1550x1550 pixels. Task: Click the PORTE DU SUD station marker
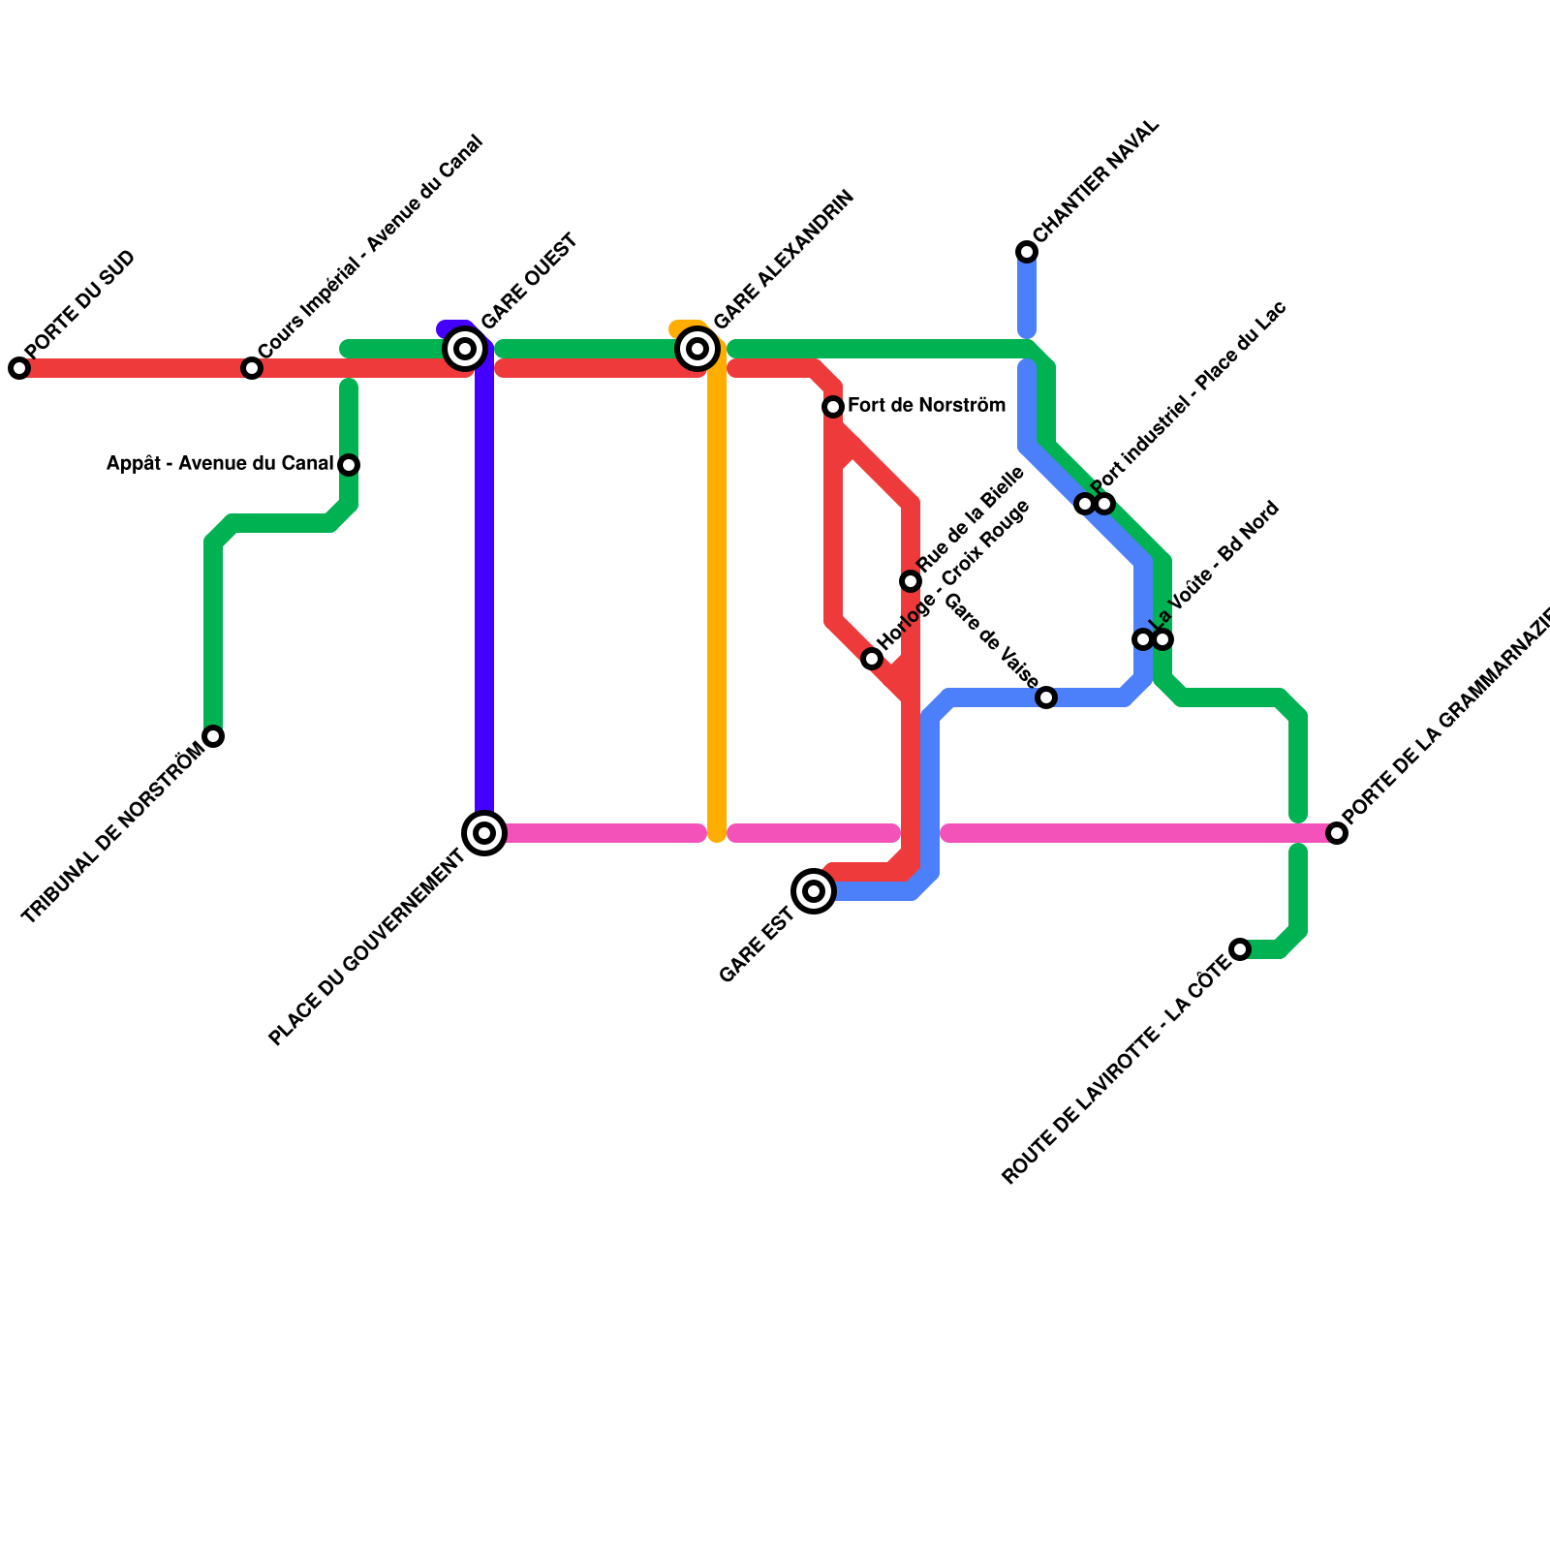[x=19, y=368]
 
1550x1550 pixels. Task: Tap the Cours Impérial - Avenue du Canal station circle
[x=252, y=368]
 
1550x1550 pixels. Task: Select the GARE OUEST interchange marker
[x=465, y=349]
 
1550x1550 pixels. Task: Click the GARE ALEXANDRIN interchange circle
[x=697, y=349]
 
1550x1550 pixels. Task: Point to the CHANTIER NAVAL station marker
[x=1027, y=252]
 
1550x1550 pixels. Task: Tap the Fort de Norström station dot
[x=833, y=407]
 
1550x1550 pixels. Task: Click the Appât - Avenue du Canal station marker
[x=349, y=465]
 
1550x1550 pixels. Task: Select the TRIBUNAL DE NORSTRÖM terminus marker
[x=213, y=736]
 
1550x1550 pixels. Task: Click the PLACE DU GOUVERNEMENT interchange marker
[x=484, y=833]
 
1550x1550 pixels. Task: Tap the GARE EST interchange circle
[x=814, y=891]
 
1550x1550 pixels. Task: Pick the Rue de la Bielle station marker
[x=911, y=581]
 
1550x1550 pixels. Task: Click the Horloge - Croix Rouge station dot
[x=872, y=659]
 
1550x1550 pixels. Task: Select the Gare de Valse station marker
[x=1046, y=697]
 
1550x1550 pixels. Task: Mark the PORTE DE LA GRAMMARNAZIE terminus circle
[x=1337, y=833]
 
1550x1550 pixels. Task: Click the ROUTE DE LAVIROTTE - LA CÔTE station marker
[x=1240, y=949]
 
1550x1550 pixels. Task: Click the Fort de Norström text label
[x=926, y=406]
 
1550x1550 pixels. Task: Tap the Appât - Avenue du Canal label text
[x=220, y=464]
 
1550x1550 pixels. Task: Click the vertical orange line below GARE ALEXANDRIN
[x=717, y=601]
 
